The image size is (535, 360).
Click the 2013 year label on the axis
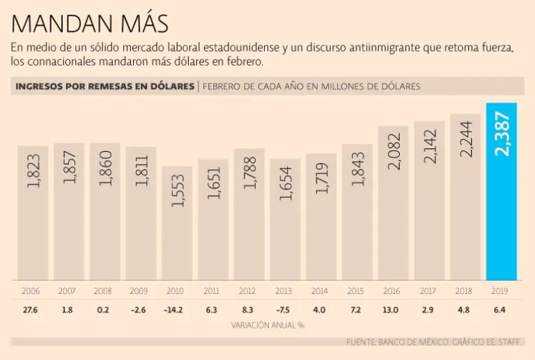pyautogui.click(x=284, y=290)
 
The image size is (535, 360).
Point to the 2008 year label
pyautogui.click(x=104, y=290)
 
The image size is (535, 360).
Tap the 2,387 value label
pyautogui.click(x=502, y=134)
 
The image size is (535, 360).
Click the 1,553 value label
pyautogui.click(x=177, y=191)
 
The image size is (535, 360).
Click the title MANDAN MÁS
pyautogui.click(x=90, y=24)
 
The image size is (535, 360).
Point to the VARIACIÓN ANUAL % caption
pyautogui.click(x=267, y=324)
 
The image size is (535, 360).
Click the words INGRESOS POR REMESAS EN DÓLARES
pyautogui.click(x=104, y=86)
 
